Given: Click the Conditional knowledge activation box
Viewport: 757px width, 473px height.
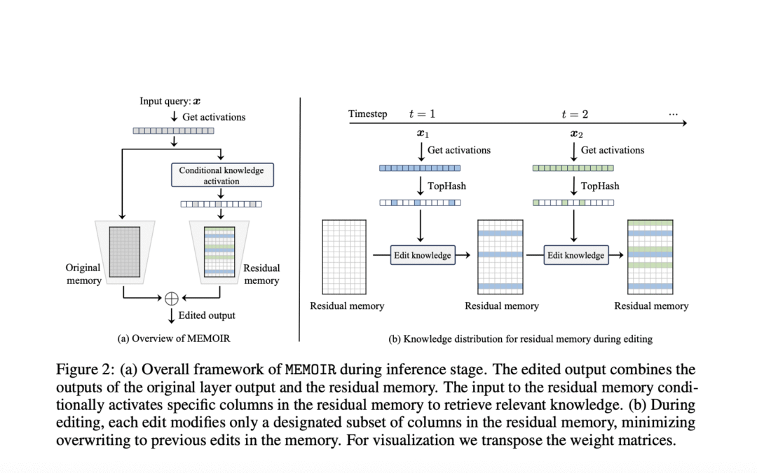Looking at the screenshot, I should pos(222,175).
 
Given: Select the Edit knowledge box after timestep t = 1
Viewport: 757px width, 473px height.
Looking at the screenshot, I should pos(423,255).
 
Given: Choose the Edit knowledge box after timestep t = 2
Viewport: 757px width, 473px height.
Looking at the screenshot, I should pos(575,255).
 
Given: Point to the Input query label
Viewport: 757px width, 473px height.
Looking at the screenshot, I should pos(170,101).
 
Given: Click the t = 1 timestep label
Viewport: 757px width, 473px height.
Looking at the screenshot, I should pos(422,114).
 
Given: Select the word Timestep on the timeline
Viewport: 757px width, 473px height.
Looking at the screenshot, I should pos(368,114).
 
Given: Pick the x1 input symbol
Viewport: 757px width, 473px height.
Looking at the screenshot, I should pos(422,134).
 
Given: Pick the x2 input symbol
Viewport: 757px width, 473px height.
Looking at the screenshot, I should pos(575,134).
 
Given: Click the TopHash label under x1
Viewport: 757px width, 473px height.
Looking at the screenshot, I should pos(446,186).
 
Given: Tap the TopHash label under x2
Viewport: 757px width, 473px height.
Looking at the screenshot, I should pos(600,186).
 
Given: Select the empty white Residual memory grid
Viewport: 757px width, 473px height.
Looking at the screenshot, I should pos(344,256).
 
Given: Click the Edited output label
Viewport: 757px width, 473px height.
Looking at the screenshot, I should pos(207,315).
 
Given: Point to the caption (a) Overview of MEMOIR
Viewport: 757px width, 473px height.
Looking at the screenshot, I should pos(173,338).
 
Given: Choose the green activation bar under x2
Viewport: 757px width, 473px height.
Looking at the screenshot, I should pos(573,168).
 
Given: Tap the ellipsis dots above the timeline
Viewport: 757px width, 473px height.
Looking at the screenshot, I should pos(674,114).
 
